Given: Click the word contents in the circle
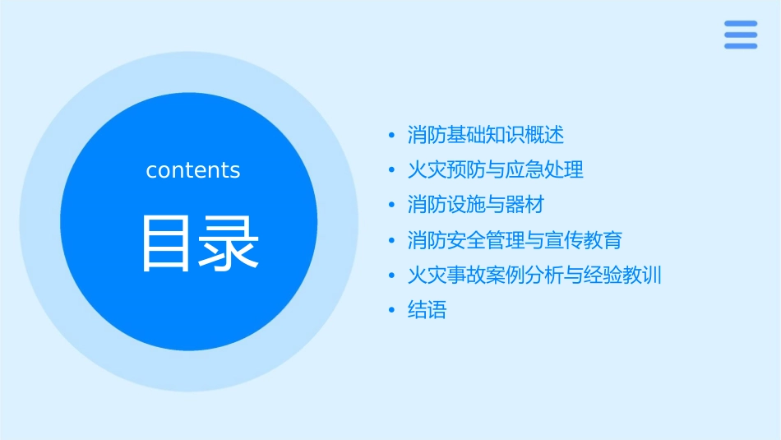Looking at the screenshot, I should pos(193,170).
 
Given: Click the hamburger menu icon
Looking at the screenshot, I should pos(741,35).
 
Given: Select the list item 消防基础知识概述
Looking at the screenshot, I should pos(485,135).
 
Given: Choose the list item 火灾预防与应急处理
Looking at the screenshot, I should pos(495,170).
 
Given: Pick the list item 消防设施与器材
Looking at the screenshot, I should pos(475,205).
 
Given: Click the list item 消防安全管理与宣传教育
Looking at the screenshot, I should pos(515,240).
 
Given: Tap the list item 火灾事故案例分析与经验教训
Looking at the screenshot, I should pos(534,275).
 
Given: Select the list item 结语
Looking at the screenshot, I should pos(427,310).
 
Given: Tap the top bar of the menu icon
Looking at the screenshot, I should pos(741,24).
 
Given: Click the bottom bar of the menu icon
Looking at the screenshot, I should pos(741,45).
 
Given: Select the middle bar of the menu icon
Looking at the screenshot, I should pos(741,35).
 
